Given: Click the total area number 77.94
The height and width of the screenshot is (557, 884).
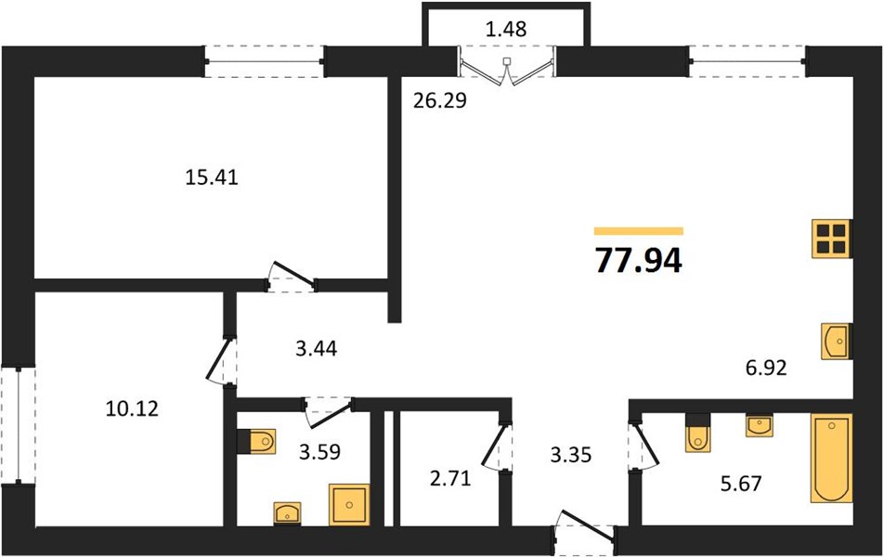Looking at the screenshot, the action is click(639, 261).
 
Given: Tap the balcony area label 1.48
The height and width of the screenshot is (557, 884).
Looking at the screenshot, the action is click(506, 29).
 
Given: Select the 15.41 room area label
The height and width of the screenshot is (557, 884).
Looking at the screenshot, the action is click(212, 177).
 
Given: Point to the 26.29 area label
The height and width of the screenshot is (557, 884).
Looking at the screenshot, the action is click(440, 100).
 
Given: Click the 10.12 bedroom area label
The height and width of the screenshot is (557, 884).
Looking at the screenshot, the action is click(132, 408).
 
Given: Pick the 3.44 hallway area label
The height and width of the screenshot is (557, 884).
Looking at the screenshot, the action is click(317, 348).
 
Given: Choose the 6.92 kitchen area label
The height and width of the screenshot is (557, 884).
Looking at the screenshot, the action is click(765, 368).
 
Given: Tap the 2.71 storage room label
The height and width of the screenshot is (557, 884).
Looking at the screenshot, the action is click(450, 479).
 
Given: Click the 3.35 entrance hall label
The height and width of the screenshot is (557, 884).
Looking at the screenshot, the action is click(571, 454).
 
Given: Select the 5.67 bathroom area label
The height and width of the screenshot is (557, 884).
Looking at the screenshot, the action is click(741, 483).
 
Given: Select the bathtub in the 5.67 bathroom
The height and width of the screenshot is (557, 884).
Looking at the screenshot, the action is click(832, 458).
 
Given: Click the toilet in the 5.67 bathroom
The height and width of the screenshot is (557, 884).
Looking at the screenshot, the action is click(698, 433).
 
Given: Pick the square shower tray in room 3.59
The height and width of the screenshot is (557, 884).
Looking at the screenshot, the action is click(349, 505).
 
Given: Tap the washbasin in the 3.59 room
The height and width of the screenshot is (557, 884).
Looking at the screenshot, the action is click(288, 514).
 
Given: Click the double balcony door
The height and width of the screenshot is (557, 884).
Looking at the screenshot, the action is click(507, 68).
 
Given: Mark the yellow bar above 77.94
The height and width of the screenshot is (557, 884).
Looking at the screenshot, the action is click(639, 230).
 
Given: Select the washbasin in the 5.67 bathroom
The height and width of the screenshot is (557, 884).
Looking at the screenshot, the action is click(759, 425).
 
